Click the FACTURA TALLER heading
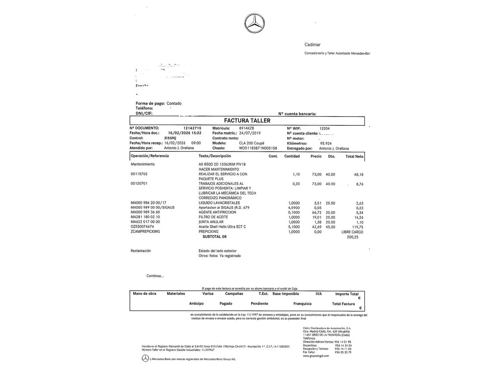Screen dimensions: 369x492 pos(247,121)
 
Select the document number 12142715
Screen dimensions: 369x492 pos(192,128)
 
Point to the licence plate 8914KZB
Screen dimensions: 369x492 pos(246,128)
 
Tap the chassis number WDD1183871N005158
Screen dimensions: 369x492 pos(258,148)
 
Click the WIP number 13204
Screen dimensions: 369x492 pos(324,128)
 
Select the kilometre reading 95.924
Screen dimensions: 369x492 pos(326,143)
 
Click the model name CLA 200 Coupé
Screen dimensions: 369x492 pos(251,143)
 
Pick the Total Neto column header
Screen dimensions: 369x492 pos(354,156)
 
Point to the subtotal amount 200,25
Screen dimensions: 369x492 pos(353,237)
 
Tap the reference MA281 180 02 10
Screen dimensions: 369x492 pos(145,217)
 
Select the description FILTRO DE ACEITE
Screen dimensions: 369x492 pos(214,217)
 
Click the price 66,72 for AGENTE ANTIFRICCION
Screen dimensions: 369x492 pos(316,212)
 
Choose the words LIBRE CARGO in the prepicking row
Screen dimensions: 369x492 pos(352,232)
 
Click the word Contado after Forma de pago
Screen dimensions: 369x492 pos(174,104)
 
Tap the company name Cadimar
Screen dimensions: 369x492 pos(312,45)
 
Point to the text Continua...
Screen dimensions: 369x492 pos(155,276)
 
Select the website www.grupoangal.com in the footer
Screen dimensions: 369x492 pos(316,356)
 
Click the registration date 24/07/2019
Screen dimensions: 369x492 pos(250,133)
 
